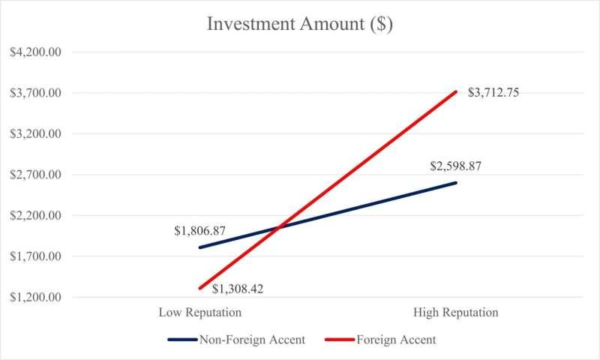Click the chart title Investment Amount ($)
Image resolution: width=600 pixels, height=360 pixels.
[x=299, y=24]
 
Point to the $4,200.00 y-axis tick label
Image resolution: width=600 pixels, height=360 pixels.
[x=35, y=52]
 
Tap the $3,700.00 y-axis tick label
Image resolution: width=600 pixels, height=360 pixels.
[x=35, y=93]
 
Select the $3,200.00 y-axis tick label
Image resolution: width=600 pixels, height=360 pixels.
[x=35, y=134]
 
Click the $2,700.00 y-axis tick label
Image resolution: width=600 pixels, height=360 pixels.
[x=35, y=175]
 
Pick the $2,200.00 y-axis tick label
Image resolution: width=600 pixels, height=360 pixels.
[x=35, y=216]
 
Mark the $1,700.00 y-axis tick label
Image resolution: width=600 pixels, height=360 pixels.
[x=35, y=256]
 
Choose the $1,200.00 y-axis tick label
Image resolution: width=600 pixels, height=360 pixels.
[x=35, y=297]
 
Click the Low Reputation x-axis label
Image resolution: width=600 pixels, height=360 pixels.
[x=199, y=312]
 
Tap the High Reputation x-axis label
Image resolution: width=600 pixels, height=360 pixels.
[x=455, y=312]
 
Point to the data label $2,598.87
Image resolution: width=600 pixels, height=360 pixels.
[x=454, y=166]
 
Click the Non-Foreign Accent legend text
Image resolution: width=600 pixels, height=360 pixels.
[x=252, y=340]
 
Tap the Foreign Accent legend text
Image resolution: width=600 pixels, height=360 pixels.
[x=397, y=340]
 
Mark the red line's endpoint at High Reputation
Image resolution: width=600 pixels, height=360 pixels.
[x=455, y=91]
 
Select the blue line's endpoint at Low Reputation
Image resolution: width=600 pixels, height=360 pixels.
[x=199, y=247]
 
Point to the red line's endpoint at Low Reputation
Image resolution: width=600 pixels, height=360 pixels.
[x=199, y=288]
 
